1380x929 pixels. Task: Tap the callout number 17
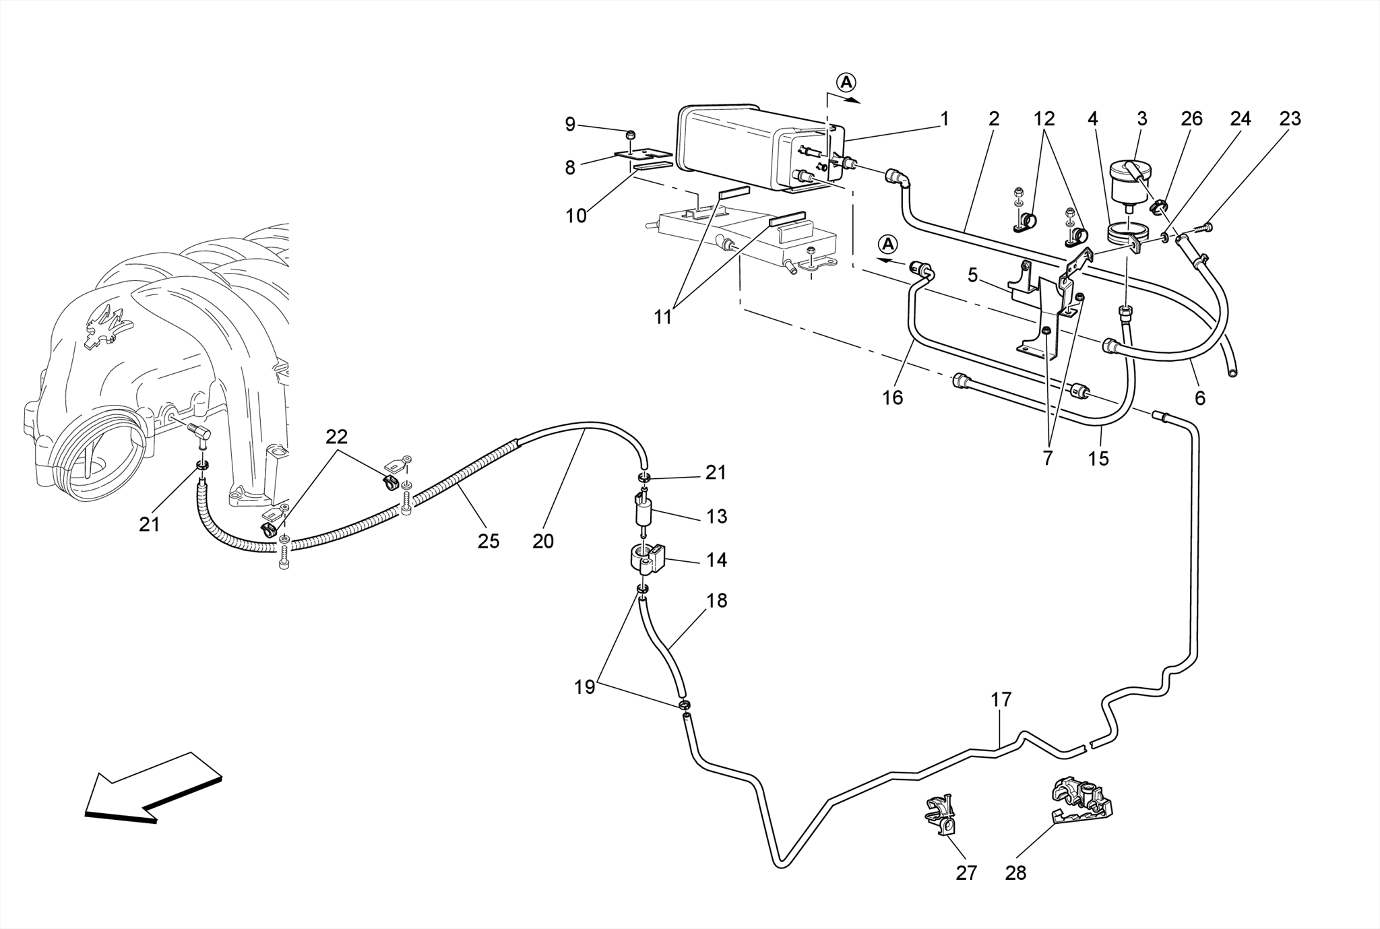pyautogui.click(x=1001, y=700)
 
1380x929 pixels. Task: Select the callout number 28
pyautogui.click(x=1015, y=873)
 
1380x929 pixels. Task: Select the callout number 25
pyautogui.click(x=489, y=541)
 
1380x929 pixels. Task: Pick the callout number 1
pyautogui.click(x=945, y=119)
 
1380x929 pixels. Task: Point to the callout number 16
pyautogui.click(x=893, y=398)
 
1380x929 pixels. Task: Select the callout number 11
pyautogui.click(x=663, y=317)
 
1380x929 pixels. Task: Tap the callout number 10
pyautogui.click(x=576, y=216)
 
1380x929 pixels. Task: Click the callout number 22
pyautogui.click(x=336, y=437)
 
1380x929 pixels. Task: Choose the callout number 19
pyautogui.click(x=584, y=687)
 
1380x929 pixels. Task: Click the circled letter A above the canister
pyautogui.click(x=846, y=82)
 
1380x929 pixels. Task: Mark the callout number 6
pyautogui.click(x=1200, y=398)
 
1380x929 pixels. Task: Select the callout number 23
pyautogui.click(x=1290, y=119)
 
